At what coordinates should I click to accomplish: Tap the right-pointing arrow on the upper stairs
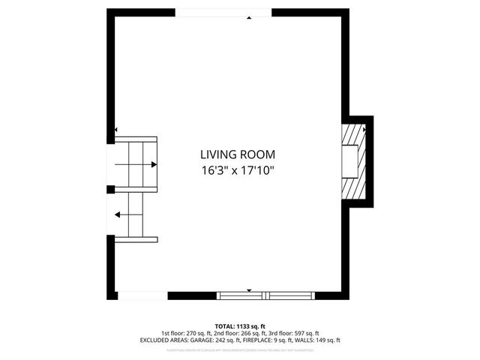(152, 164)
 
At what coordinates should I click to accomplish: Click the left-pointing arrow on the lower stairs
(118, 214)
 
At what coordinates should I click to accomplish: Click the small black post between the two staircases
(110, 190)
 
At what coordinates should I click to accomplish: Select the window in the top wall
(223, 13)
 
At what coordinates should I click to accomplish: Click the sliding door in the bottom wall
(264, 295)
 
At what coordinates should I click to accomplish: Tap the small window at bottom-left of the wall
(142, 295)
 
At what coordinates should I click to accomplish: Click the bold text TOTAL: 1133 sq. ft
(240, 326)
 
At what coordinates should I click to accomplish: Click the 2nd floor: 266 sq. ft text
(239, 333)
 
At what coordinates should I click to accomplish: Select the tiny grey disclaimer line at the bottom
(240, 348)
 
